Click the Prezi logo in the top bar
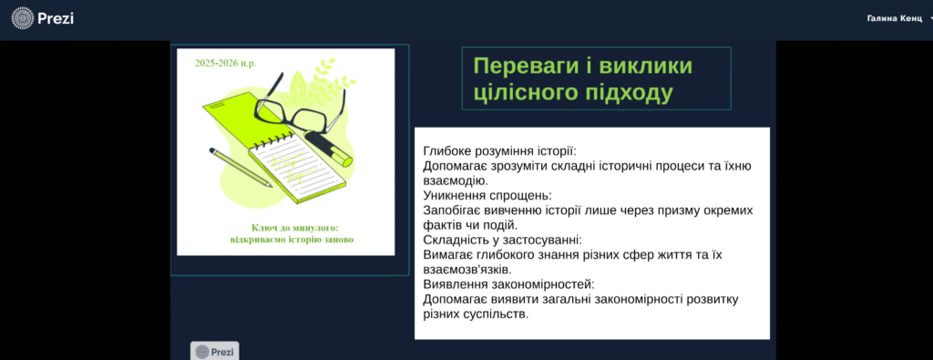[x=42, y=18]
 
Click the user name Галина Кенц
[x=895, y=18]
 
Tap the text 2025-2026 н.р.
[x=226, y=63]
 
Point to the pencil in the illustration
[x=241, y=167]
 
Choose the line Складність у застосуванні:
[x=502, y=241]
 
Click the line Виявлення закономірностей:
[x=508, y=284]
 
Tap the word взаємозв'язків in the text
[x=467, y=270]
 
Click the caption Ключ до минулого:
[x=294, y=228]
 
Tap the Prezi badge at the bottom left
[x=215, y=351]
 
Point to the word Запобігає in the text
[x=450, y=211]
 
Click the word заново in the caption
[x=339, y=241]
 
